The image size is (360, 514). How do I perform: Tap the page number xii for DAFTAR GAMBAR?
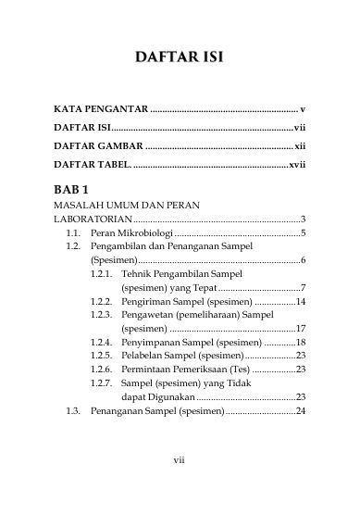(x=300, y=146)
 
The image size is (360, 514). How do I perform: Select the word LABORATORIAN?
(x=92, y=219)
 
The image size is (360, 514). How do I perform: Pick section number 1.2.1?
(x=102, y=274)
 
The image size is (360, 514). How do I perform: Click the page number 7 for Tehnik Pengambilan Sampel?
(x=304, y=288)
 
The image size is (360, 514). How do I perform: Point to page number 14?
(x=301, y=301)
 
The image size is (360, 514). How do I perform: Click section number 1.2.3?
(x=102, y=315)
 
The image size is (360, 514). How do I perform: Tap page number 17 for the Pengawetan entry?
(x=301, y=329)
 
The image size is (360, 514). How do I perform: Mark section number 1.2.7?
(x=102, y=382)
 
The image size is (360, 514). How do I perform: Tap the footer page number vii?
(x=180, y=483)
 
